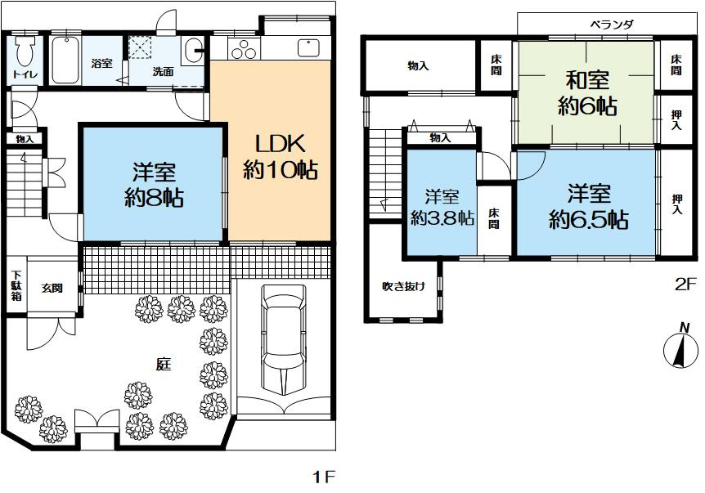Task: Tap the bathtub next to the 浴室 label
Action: click(x=65, y=59)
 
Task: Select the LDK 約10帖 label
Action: click(x=280, y=157)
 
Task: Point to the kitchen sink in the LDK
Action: click(x=310, y=48)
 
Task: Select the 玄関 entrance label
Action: click(x=53, y=287)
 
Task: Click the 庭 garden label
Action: click(x=164, y=365)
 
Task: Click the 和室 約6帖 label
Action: click(x=588, y=92)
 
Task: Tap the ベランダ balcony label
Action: click(x=612, y=25)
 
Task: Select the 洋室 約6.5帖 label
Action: click(x=588, y=207)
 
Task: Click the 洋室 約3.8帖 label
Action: click(x=442, y=208)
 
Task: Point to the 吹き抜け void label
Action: click(x=403, y=286)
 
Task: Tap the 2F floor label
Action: click(x=684, y=285)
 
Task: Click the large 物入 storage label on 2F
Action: click(x=418, y=65)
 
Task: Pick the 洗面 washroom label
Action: click(x=163, y=71)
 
